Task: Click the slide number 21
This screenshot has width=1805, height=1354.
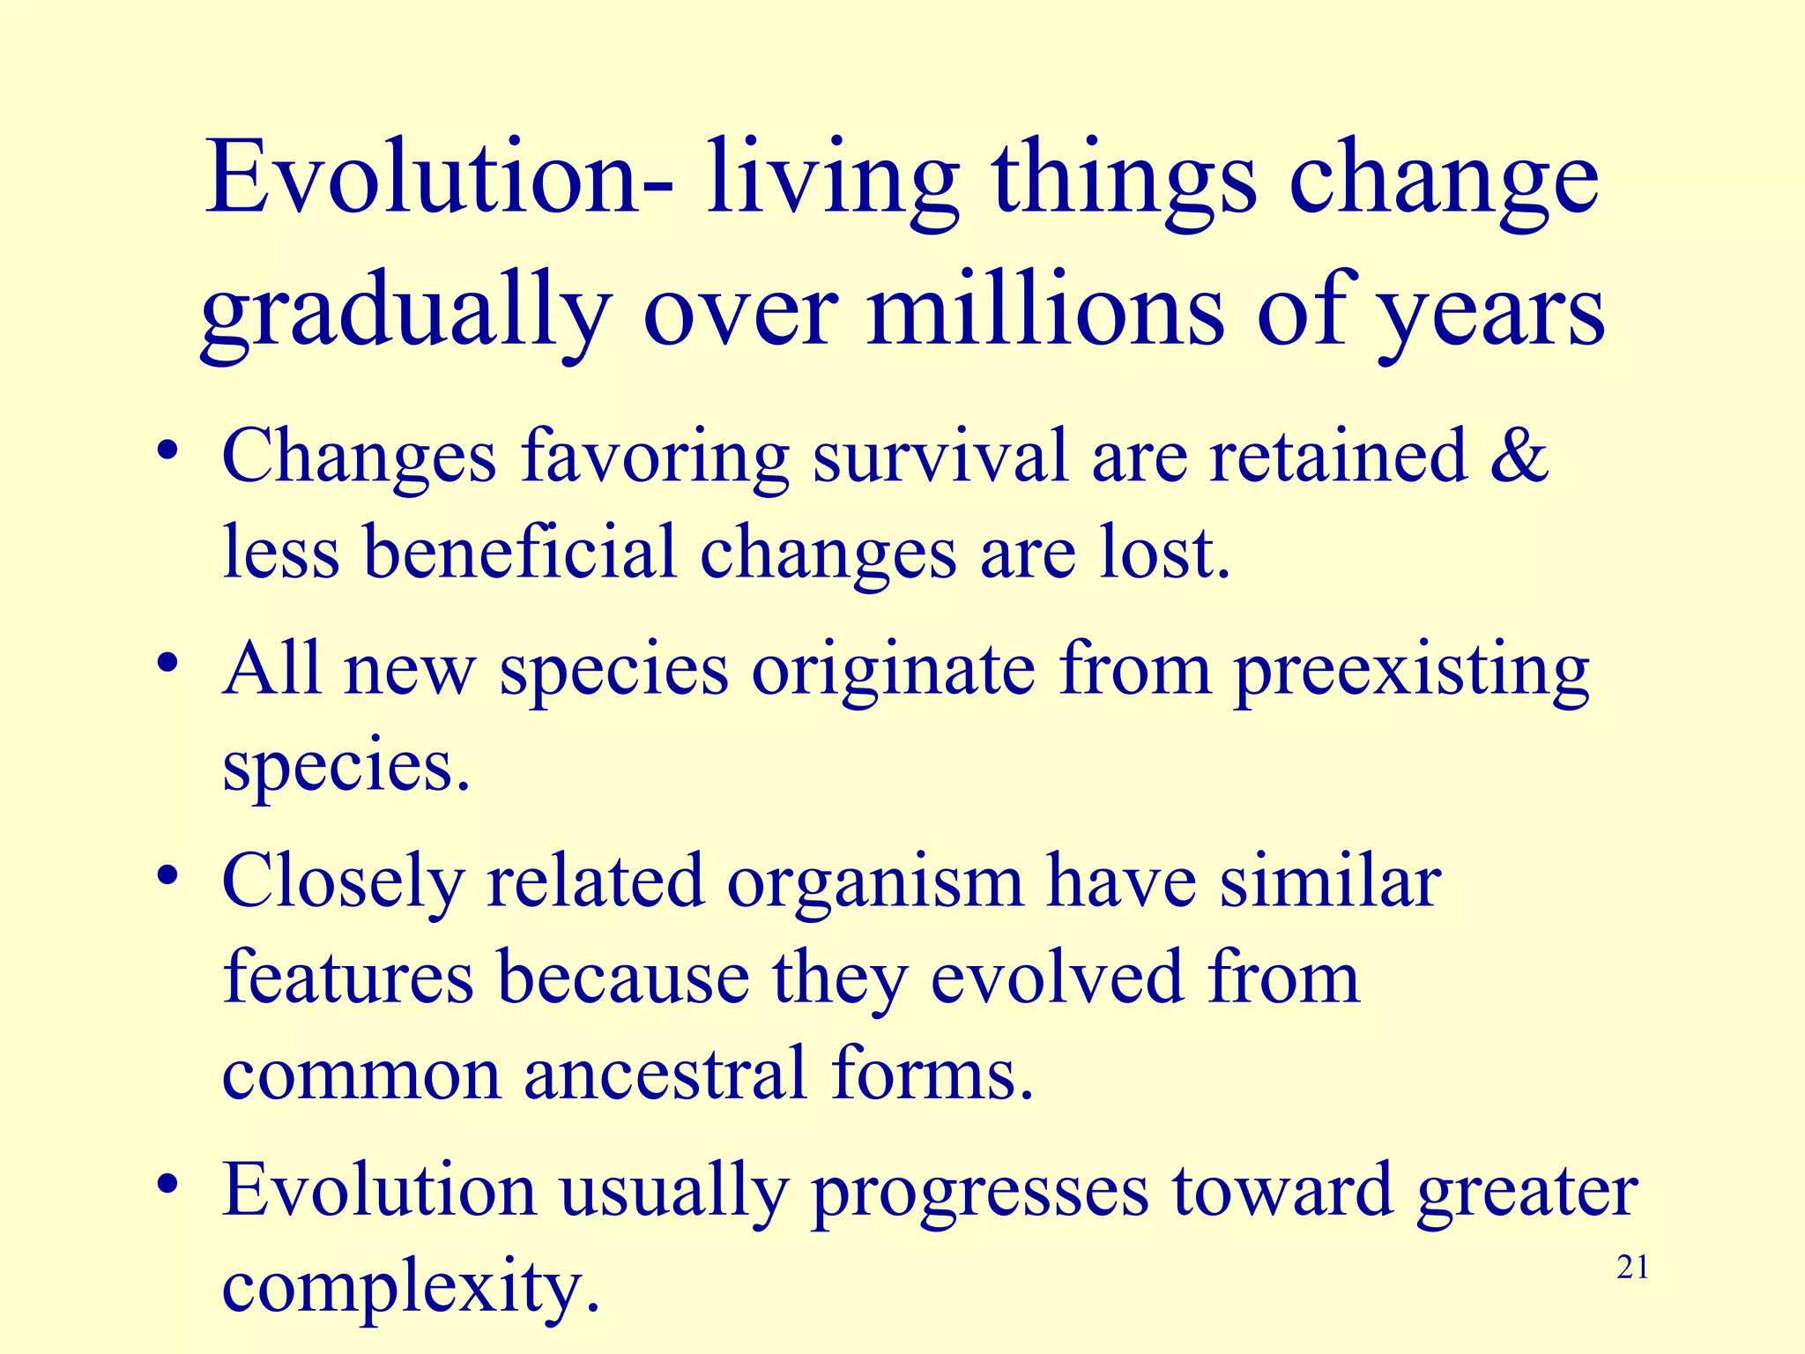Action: [1632, 1268]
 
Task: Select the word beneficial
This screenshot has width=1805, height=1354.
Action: [520, 552]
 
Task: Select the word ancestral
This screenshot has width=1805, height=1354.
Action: [665, 1074]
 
